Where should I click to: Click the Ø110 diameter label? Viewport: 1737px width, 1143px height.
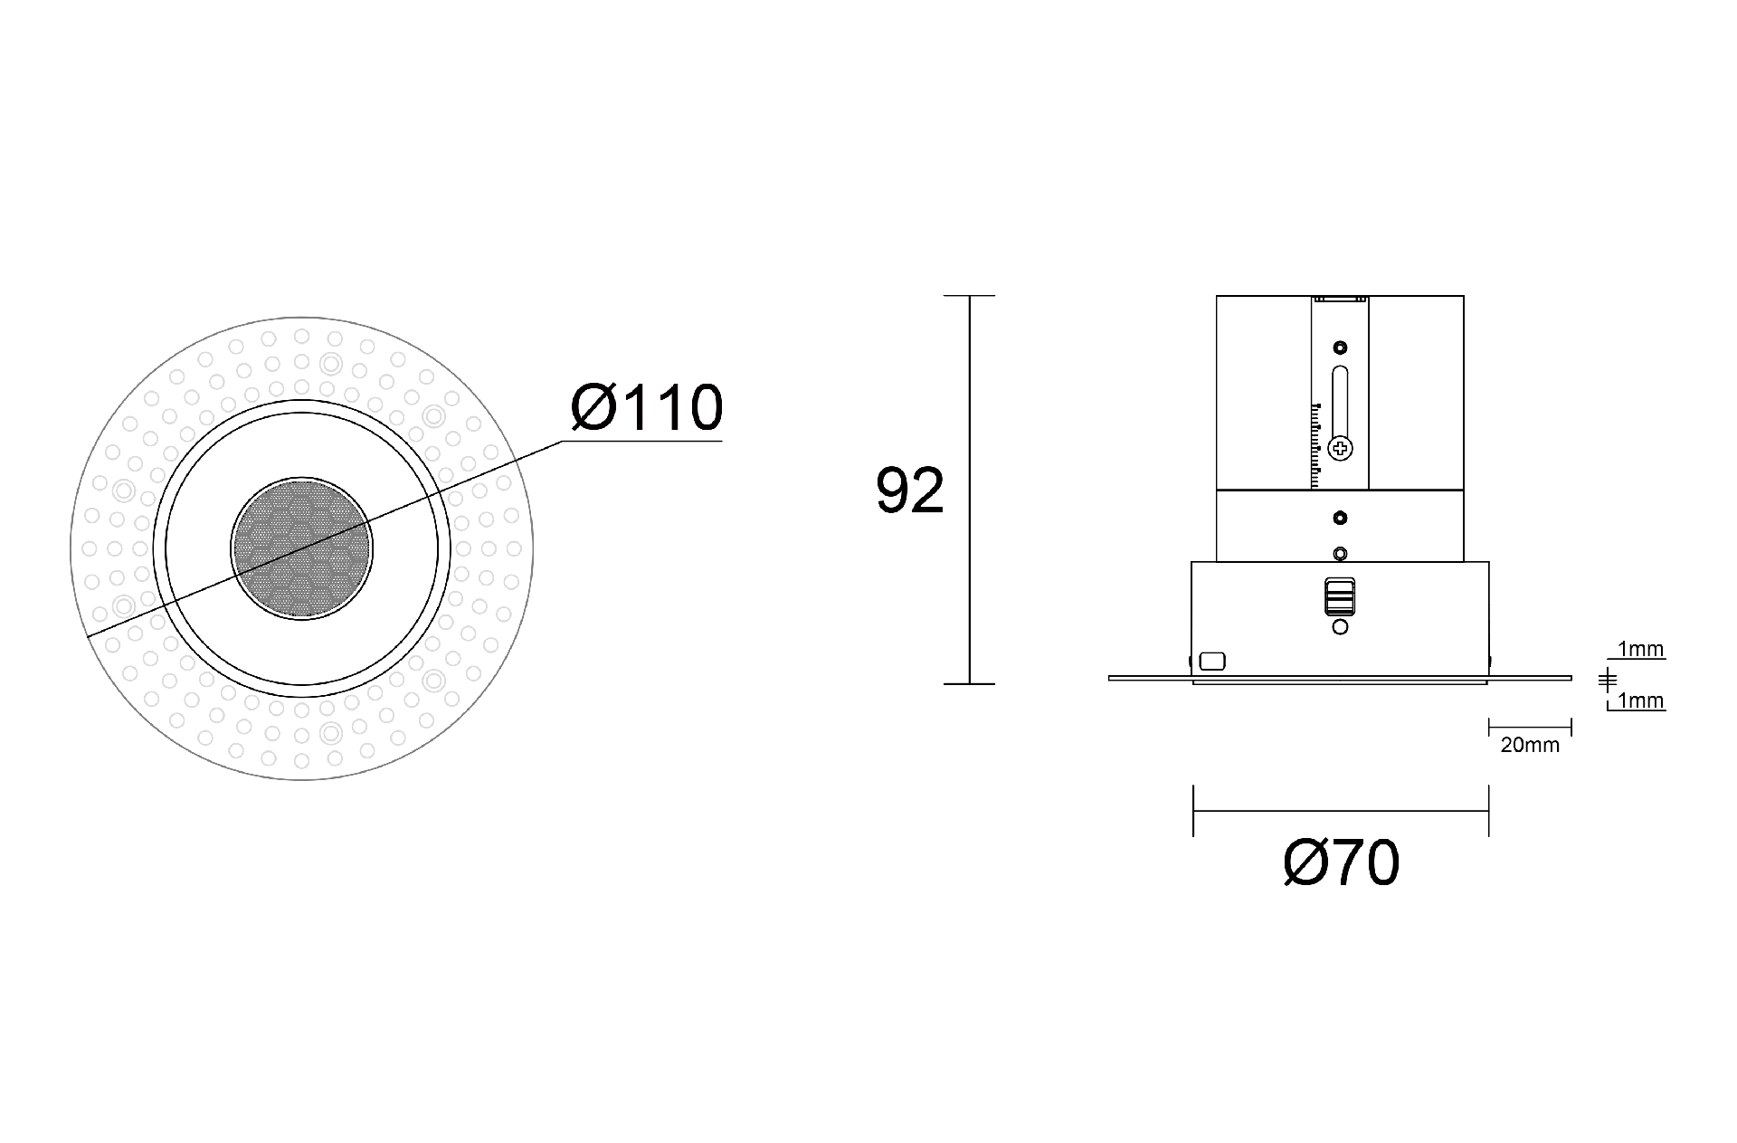pyautogui.click(x=647, y=408)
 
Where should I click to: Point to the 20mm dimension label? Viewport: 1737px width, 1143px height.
pyautogui.click(x=1530, y=746)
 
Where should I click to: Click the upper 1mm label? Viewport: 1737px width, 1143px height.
pyautogui.click(x=1640, y=649)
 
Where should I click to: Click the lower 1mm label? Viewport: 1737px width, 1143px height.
pyautogui.click(x=1640, y=700)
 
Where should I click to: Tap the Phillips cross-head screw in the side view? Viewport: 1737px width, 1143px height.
pyautogui.click(x=1340, y=447)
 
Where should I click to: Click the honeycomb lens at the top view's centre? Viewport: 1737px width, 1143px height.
pyautogui.click(x=301, y=548)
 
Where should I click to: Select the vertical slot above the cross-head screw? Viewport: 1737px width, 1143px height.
pyautogui.click(x=1340, y=399)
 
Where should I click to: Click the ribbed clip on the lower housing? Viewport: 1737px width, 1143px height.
pyautogui.click(x=1340, y=596)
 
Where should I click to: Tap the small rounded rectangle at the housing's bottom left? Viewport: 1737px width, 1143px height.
pyautogui.click(x=1211, y=662)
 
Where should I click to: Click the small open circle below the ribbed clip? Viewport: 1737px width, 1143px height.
pyautogui.click(x=1340, y=626)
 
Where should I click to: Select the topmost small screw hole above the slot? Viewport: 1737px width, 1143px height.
pyautogui.click(x=1340, y=348)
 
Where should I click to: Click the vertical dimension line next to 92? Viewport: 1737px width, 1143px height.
pyautogui.click(x=969, y=489)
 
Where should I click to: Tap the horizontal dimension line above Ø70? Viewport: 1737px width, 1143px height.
pyautogui.click(x=1340, y=811)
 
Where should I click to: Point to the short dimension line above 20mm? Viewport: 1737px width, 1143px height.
pyautogui.click(x=1530, y=726)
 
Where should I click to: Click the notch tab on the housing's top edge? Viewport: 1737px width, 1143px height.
pyautogui.click(x=1340, y=299)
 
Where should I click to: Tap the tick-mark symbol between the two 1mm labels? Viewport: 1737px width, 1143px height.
pyautogui.click(x=1607, y=679)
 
